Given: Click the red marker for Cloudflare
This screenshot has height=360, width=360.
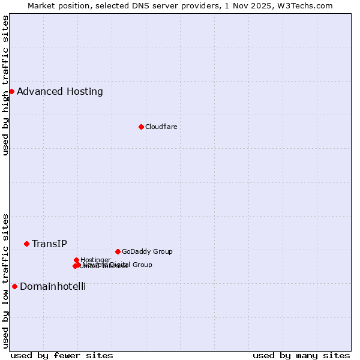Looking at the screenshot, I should pyautogui.click(x=141, y=127).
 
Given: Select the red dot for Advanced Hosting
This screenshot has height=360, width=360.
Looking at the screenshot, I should pyautogui.click(x=11, y=91).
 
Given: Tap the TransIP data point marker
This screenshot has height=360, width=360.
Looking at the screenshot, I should pyautogui.click(x=26, y=244).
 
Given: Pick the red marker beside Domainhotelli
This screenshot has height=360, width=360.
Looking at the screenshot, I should pyautogui.click(x=14, y=286).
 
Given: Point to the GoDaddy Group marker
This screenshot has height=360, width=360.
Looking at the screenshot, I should pyautogui.click(x=118, y=251).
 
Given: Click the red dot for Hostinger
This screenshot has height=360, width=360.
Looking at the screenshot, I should pyautogui.click(x=77, y=260).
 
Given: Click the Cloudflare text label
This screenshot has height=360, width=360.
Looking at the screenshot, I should pyautogui.click(x=161, y=127).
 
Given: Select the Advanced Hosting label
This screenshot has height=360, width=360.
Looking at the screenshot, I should pyautogui.click(x=60, y=91).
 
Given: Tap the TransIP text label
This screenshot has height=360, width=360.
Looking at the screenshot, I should pyautogui.click(x=49, y=244).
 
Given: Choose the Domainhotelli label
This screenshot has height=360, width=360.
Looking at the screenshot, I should pyautogui.click(x=53, y=286).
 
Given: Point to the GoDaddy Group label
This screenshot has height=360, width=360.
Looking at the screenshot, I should pyautogui.click(x=147, y=251).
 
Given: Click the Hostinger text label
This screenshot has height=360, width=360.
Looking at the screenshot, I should pyautogui.click(x=95, y=260).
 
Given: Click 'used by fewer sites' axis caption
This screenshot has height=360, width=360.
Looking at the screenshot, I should pyautogui.click(x=62, y=355).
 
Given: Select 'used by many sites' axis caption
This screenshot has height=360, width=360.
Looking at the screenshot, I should pyautogui.click(x=301, y=355).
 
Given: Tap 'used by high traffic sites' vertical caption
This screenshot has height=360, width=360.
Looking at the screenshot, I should pyautogui.click(x=6, y=85).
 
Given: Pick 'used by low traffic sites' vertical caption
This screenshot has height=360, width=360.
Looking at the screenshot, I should pyautogui.click(x=6, y=280).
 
